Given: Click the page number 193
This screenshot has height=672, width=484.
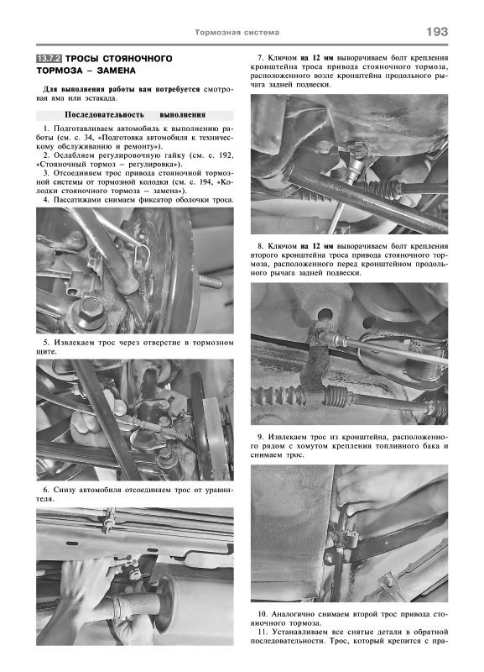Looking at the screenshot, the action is point(436,32).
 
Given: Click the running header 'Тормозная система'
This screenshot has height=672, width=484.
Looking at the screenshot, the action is point(237,33).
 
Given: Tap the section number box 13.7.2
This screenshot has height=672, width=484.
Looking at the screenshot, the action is point(49,59).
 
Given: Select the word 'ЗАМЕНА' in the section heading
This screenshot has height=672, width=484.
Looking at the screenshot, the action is point(117,71).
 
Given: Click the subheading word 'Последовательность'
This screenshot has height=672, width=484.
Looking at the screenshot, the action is point(104,115).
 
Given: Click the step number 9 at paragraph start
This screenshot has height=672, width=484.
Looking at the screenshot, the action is point(260,437).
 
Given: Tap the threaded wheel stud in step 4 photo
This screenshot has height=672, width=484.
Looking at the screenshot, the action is point(210,282).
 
